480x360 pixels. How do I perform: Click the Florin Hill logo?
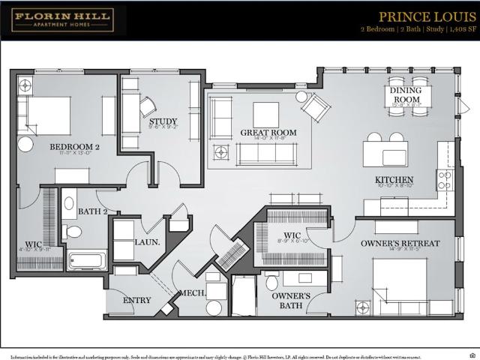[62, 20]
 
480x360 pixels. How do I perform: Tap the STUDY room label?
[162, 121]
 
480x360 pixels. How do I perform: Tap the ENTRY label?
[136, 300]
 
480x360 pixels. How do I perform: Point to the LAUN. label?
[144, 242]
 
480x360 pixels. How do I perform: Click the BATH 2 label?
[93, 211]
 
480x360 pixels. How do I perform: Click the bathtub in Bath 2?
[87, 260]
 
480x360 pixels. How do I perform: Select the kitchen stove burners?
[444, 179]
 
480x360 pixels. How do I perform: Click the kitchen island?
[385, 154]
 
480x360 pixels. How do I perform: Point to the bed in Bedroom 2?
[46, 115]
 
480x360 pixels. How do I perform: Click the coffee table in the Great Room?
[265, 115]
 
